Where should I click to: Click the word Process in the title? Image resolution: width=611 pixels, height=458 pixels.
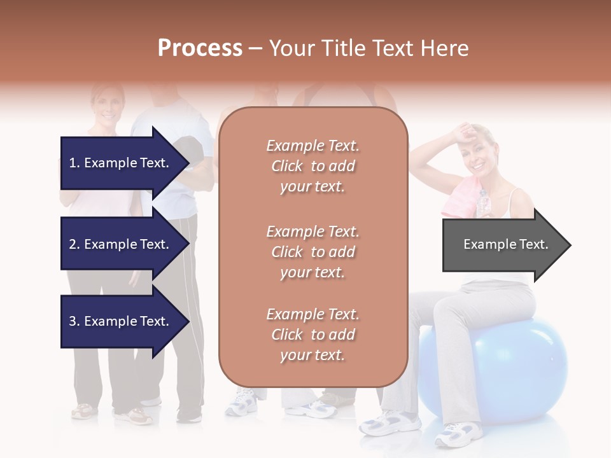(200, 48)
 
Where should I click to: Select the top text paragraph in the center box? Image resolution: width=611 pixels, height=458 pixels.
(313, 166)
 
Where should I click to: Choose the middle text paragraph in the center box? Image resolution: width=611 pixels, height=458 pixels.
(313, 252)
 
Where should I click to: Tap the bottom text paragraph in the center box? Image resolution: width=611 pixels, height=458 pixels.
(313, 335)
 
